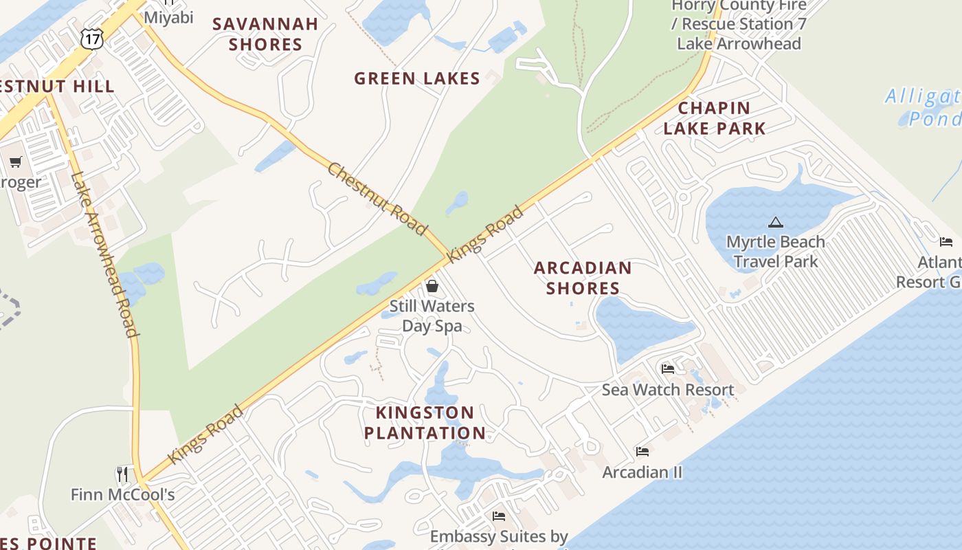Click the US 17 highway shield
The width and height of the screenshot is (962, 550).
pos(91,38)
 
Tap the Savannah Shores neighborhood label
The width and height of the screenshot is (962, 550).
pos(265,34)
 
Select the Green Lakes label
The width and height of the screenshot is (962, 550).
pos(416,78)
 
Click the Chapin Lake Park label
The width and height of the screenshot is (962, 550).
pos(714,118)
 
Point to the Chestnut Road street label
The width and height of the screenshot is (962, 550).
pos(377,199)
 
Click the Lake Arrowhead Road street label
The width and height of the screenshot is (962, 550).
pos(104,254)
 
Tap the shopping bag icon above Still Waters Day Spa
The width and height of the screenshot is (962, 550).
pos(432,285)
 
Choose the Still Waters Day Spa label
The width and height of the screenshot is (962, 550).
pos(432,316)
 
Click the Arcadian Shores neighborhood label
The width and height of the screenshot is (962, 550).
pos(583,278)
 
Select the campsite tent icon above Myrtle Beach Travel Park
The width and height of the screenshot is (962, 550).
pos(776,222)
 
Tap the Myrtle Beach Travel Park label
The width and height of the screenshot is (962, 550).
pos(776,252)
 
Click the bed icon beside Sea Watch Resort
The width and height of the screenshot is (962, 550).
pos(667,369)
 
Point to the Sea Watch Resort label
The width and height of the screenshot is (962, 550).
pos(668,390)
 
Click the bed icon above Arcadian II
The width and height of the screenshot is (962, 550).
pos(642,452)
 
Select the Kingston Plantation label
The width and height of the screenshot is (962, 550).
pos(425,423)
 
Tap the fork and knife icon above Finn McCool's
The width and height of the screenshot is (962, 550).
pos(123,474)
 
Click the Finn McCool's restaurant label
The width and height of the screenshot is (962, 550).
pos(123,494)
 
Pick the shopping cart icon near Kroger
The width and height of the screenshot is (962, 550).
pos(15,162)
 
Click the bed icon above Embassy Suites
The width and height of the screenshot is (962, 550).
pos(499,516)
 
